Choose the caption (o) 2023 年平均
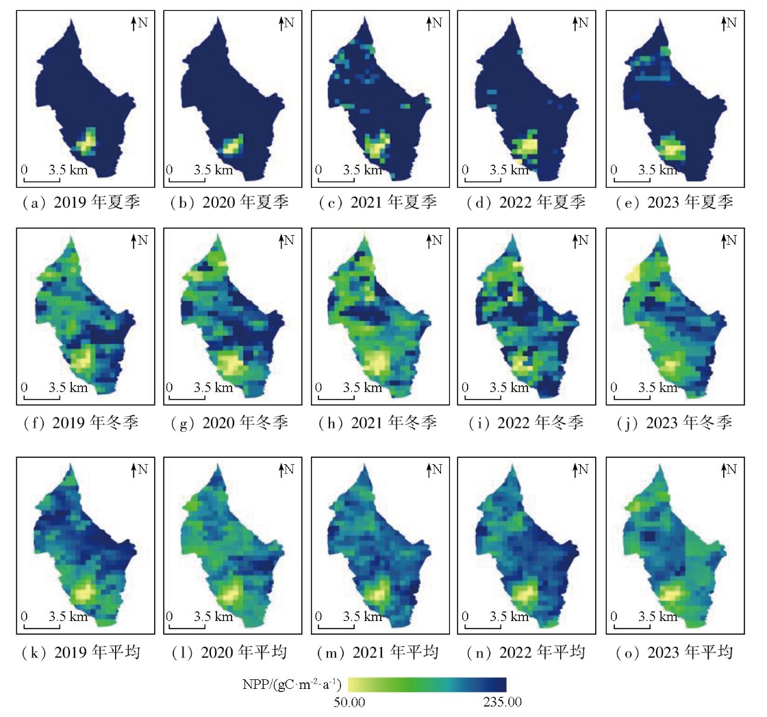670,652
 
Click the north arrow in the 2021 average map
429,470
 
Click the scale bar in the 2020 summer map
186,181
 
